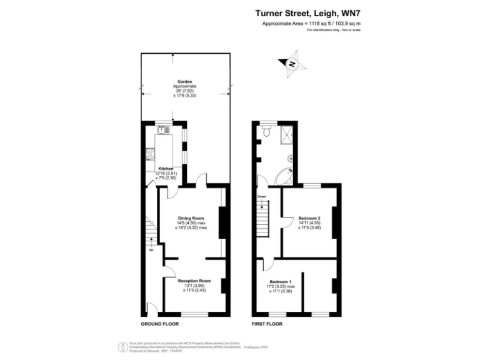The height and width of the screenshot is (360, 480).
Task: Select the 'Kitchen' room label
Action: tap(166, 169)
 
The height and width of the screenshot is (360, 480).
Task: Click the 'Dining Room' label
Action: tap(191, 217)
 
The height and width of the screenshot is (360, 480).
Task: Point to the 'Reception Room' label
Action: tap(194, 281)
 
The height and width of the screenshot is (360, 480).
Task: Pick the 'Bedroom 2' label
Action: tap(309, 217)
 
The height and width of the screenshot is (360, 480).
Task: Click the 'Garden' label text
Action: tap(184, 81)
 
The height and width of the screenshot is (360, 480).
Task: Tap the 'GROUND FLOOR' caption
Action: tap(159, 324)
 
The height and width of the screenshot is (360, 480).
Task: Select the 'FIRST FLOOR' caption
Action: tap(266, 324)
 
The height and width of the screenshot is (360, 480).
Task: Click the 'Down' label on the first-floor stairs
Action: tap(262, 197)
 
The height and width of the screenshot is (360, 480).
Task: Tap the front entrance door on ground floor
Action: tap(151, 307)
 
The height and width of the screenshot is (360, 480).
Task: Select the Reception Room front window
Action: tap(194, 312)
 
